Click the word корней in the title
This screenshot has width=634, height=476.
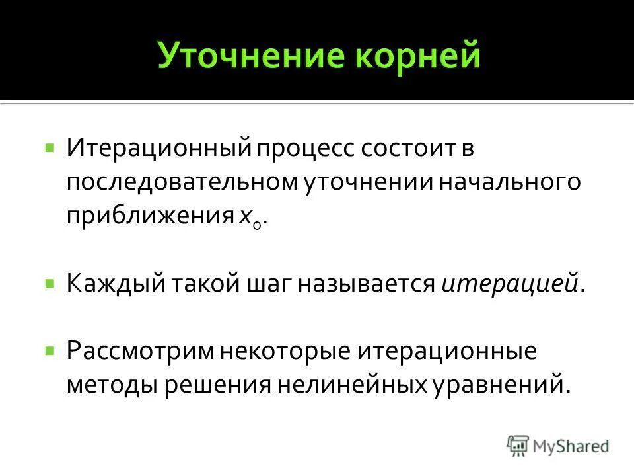417,57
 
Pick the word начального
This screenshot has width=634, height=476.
509,183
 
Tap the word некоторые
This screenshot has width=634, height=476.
284,350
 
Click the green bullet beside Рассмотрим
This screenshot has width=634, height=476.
50,348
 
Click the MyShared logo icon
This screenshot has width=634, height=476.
518,446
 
